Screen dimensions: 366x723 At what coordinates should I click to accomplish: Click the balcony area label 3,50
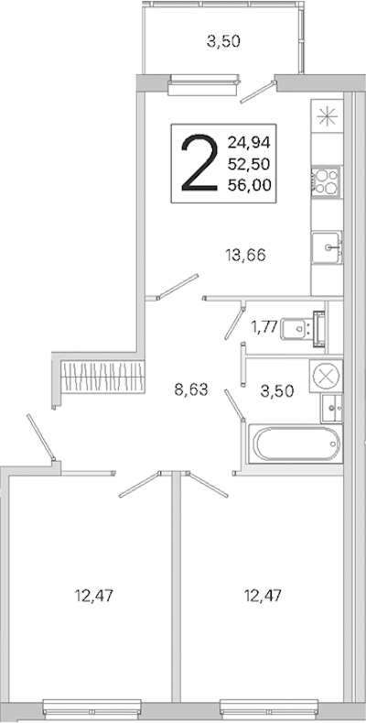click(223, 42)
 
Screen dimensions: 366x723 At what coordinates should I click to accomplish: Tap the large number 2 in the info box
click(199, 163)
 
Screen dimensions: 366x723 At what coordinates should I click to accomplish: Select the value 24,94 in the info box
click(249, 142)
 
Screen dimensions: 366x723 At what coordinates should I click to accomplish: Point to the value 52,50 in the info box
click(249, 164)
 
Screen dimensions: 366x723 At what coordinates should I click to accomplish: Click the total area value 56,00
click(249, 185)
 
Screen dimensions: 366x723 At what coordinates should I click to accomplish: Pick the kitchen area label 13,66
click(246, 254)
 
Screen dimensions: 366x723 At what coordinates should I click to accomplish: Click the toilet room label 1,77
click(264, 327)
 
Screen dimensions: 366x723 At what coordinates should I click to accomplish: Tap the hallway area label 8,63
click(191, 390)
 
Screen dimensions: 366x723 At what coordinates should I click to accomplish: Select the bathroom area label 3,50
click(276, 391)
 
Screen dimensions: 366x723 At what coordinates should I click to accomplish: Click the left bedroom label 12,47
click(94, 596)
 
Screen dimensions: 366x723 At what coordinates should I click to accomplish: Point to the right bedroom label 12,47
click(263, 596)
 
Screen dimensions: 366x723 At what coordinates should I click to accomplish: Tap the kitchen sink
click(327, 247)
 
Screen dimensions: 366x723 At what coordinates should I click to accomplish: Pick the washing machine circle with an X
click(326, 376)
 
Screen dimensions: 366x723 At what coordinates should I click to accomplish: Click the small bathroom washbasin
click(332, 408)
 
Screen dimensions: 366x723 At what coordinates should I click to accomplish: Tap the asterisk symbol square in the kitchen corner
click(328, 116)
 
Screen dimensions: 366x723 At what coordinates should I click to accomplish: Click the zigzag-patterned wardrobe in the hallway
click(103, 376)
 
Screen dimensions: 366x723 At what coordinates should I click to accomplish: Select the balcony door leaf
click(258, 92)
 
